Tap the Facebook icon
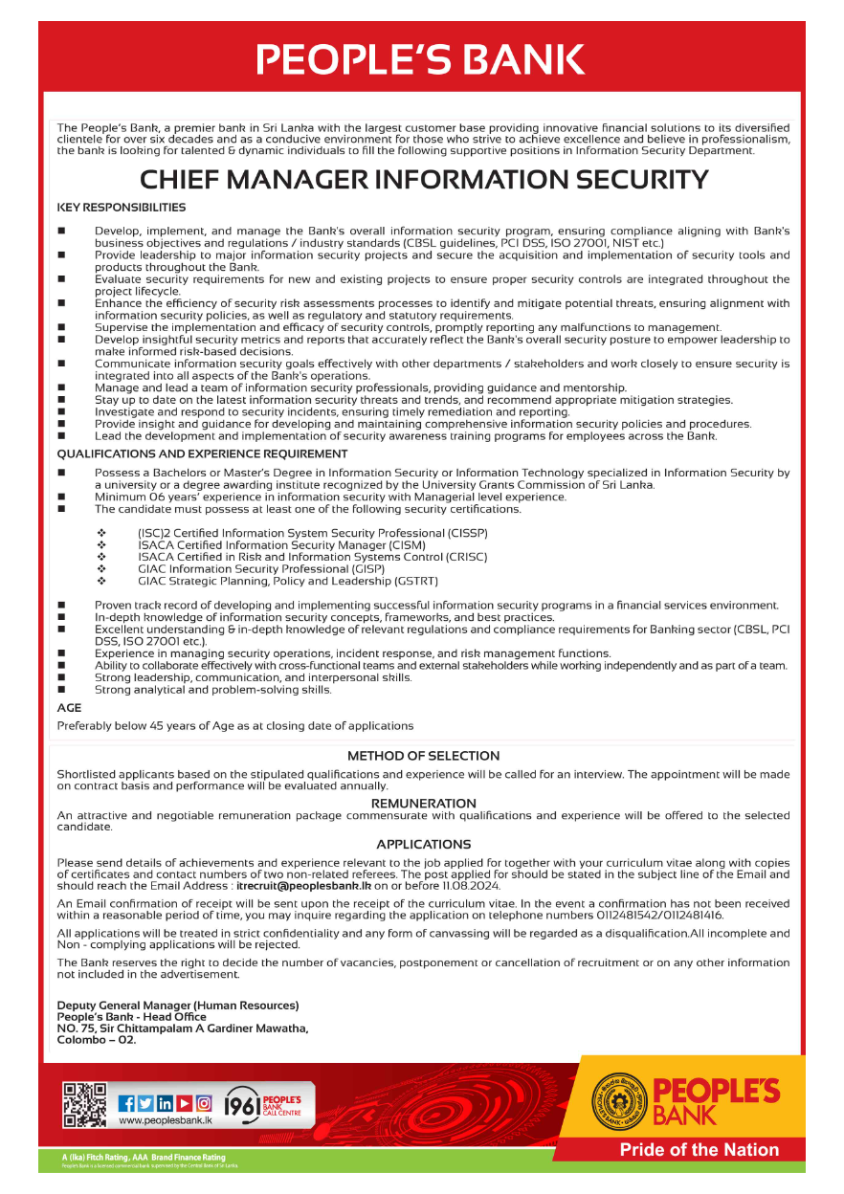[127, 1103]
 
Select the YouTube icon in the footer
[184, 1103]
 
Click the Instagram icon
[203, 1103]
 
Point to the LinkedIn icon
[165, 1103]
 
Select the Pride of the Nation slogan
[700, 1150]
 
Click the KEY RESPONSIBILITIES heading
[122, 208]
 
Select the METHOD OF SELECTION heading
[423, 756]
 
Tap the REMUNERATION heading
[423, 804]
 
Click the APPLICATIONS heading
[423, 845]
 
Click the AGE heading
[69, 708]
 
